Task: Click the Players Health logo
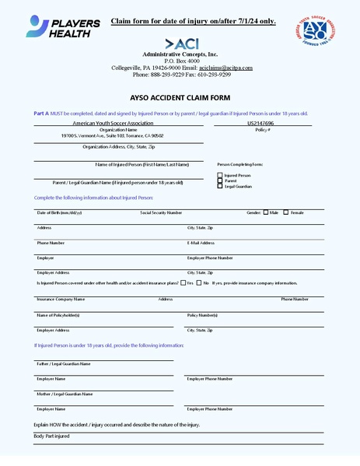point(64,28)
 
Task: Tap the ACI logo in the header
point(180,44)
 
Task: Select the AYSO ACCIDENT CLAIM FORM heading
point(180,98)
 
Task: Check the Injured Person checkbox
point(220,175)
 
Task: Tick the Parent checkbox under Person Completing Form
point(220,180)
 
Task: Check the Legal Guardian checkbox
point(220,186)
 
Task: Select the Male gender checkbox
point(266,212)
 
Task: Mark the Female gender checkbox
point(286,212)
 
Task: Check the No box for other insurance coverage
point(198,283)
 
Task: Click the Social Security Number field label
point(161,212)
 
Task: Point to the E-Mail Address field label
point(201,243)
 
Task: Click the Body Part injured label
point(51,436)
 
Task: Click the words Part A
point(41,114)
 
